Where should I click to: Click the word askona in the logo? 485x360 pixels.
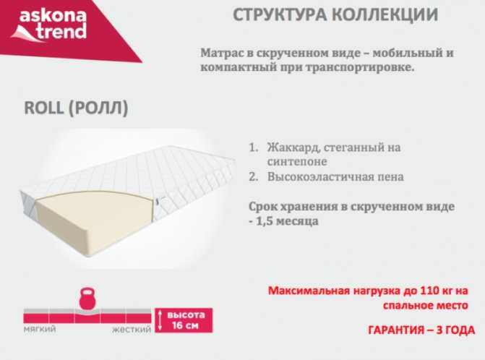(x=53, y=16)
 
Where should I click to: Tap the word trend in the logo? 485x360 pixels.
(x=62, y=32)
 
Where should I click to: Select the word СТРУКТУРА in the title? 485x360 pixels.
(x=280, y=15)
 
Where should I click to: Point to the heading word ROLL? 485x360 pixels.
(x=43, y=108)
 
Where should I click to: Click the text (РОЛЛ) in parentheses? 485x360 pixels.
(x=98, y=108)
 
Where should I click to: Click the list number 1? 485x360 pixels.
(x=253, y=147)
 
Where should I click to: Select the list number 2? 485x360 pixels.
(x=253, y=177)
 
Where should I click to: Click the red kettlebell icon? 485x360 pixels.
(x=87, y=298)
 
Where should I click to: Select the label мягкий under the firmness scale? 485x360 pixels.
(x=40, y=329)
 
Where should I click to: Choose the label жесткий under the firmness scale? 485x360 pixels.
(x=132, y=330)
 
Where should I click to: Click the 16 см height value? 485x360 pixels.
(x=185, y=325)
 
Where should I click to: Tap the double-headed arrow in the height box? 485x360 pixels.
(x=160, y=320)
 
